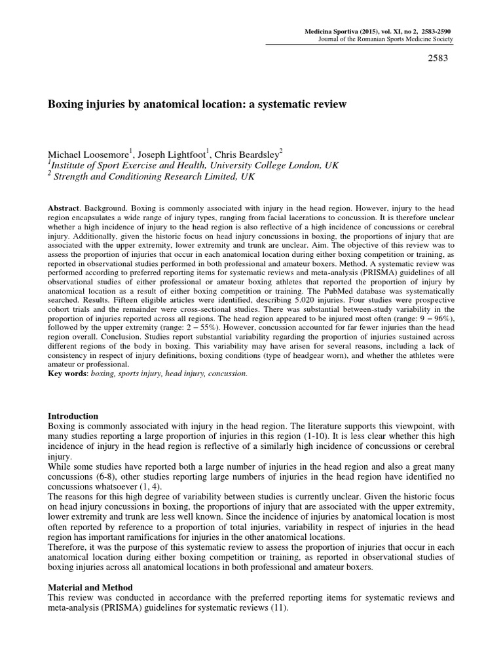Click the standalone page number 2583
coord(440,58)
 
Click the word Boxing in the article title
coord(67,104)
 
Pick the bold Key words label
coord(69,373)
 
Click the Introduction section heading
coord(74,416)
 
